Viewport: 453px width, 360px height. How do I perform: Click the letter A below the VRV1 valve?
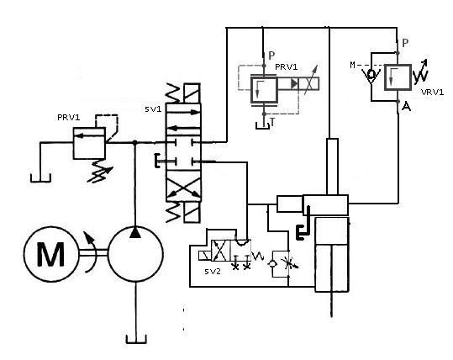tap(407, 107)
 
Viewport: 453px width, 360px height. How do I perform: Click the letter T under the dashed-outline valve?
tap(271, 122)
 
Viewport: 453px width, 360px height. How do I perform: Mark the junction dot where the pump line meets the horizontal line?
tap(136, 145)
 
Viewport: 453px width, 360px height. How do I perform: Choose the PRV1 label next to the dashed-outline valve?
tap(287, 66)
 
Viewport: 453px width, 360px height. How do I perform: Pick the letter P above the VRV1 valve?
tap(406, 42)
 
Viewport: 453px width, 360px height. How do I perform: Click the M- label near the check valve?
tap(355, 64)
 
